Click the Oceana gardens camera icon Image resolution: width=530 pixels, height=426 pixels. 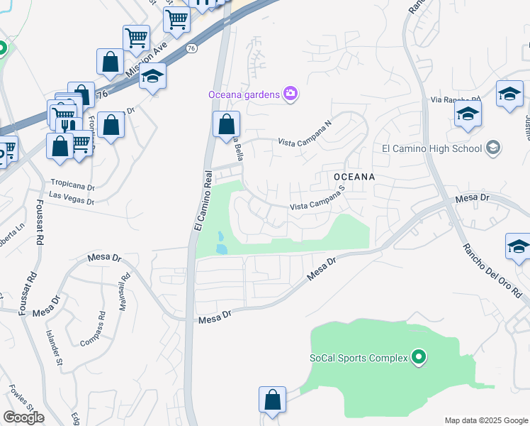(x=290, y=94)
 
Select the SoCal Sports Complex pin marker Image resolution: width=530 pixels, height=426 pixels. (x=419, y=357)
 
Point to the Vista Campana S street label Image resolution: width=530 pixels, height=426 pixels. (x=317, y=206)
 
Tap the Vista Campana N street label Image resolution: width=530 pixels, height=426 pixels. (x=304, y=133)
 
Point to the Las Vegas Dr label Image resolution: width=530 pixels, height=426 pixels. (x=71, y=200)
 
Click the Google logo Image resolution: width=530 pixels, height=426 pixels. (x=23, y=417)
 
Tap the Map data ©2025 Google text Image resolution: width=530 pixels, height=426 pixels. (x=485, y=420)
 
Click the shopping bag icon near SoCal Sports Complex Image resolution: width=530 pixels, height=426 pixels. (x=272, y=400)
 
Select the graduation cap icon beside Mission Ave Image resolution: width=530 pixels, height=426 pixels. (x=152, y=77)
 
